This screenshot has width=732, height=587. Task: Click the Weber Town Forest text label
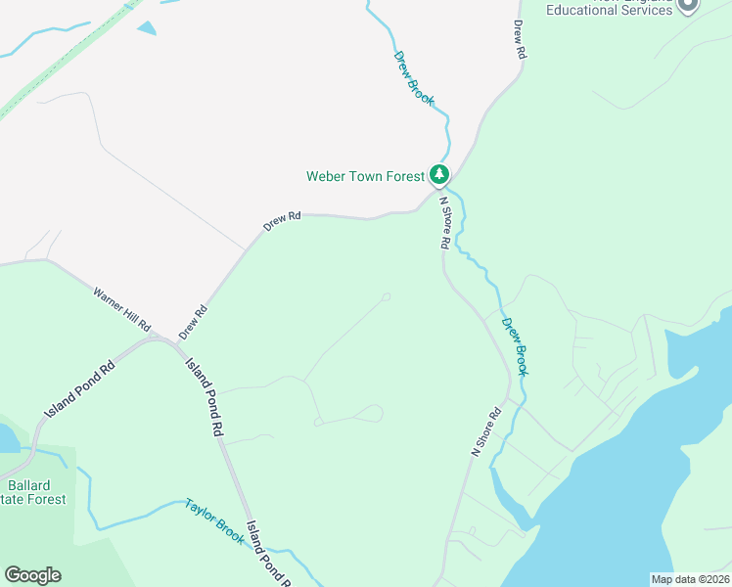click(x=365, y=176)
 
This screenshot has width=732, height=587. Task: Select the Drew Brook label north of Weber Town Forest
click(x=414, y=77)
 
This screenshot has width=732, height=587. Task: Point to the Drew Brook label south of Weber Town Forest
click(x=515, y=346)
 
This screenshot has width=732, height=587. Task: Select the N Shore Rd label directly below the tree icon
click(x=444, y=222)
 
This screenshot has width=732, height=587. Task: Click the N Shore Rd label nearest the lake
click(x=486, y=431)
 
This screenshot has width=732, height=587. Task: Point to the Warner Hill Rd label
click(x=122, y=308)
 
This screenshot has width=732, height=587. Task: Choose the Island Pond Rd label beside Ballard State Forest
click(x=79, y=386)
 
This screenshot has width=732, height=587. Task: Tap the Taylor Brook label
click(x=214, y=521)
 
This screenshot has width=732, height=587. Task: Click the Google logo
click(x=32, y=575)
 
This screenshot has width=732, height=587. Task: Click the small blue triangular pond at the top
click(x=147, y=28)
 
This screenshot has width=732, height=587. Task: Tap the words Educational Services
click(x=610, y=10)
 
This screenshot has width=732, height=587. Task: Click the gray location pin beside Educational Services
click(x=689, y=5)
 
